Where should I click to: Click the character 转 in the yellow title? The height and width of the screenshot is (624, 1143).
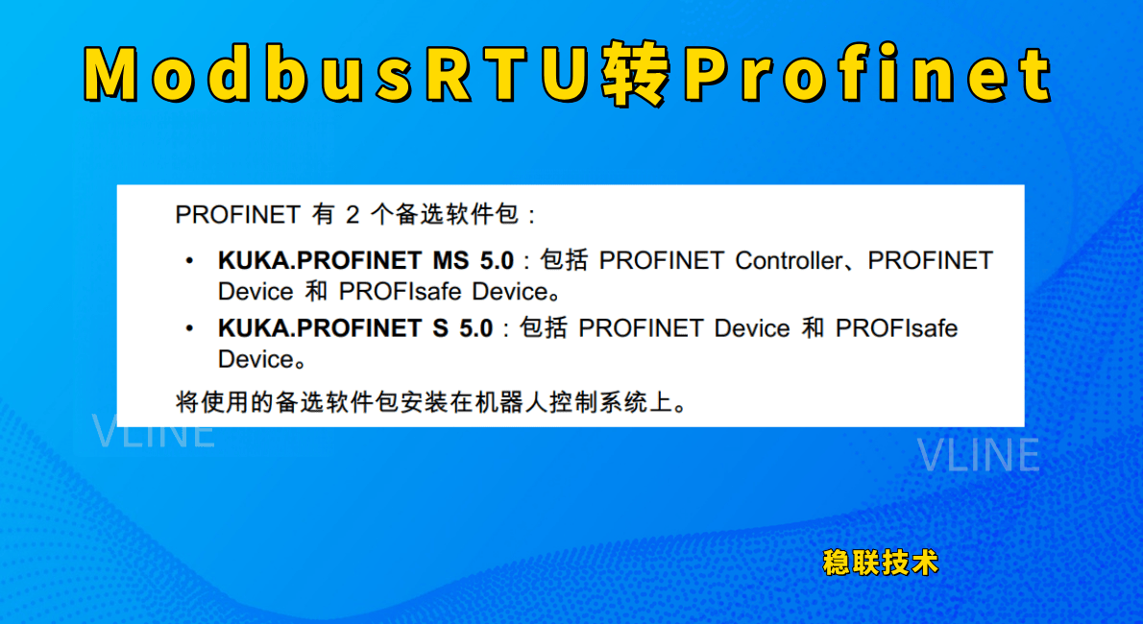(x=636, y=72)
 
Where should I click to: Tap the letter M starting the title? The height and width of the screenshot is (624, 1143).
(x=110, y=74)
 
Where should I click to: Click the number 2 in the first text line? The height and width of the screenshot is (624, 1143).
(x=353, y=215)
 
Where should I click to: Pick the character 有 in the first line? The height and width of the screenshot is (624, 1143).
(x=323, y=214)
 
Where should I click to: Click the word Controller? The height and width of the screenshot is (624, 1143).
(x=788, y=260)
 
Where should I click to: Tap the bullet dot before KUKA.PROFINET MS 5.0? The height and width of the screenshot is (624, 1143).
(x=190, y=261)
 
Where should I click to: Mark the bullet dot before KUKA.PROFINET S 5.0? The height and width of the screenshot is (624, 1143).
(x=190, y=328)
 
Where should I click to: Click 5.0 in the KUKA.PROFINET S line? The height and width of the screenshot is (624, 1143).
(x=476, y=328)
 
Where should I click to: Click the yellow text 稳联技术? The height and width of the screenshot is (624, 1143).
(x=881, y=563)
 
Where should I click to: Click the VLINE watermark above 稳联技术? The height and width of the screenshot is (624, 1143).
(x=978, y=455)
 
